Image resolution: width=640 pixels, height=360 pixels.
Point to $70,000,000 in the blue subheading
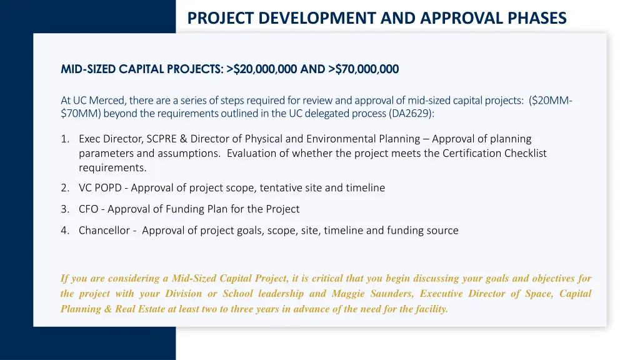367,69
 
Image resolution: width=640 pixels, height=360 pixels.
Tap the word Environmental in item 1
345,139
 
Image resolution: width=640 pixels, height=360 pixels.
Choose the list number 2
65,187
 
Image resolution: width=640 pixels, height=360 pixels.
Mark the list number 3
65,209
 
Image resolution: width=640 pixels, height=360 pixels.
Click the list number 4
65,230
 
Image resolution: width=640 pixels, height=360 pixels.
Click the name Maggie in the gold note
349,294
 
